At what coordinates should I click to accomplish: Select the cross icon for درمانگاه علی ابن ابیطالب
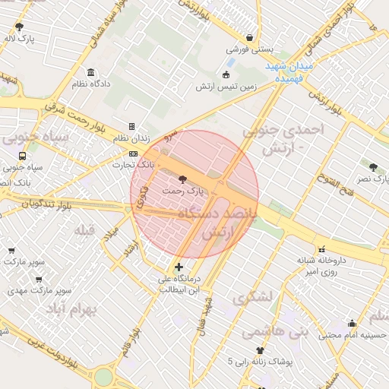click(179, 267)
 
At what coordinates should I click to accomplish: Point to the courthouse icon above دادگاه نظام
click(91, 73)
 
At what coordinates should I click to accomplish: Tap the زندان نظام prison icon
click(131, 127)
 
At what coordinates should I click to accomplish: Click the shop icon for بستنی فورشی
click(249, 37)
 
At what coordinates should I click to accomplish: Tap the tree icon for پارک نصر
click(372, 167)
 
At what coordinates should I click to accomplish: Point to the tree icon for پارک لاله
click(19, 27)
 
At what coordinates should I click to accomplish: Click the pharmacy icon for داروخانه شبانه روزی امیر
click(321, 248)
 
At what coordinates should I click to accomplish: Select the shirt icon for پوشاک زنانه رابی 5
click(261, 350)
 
